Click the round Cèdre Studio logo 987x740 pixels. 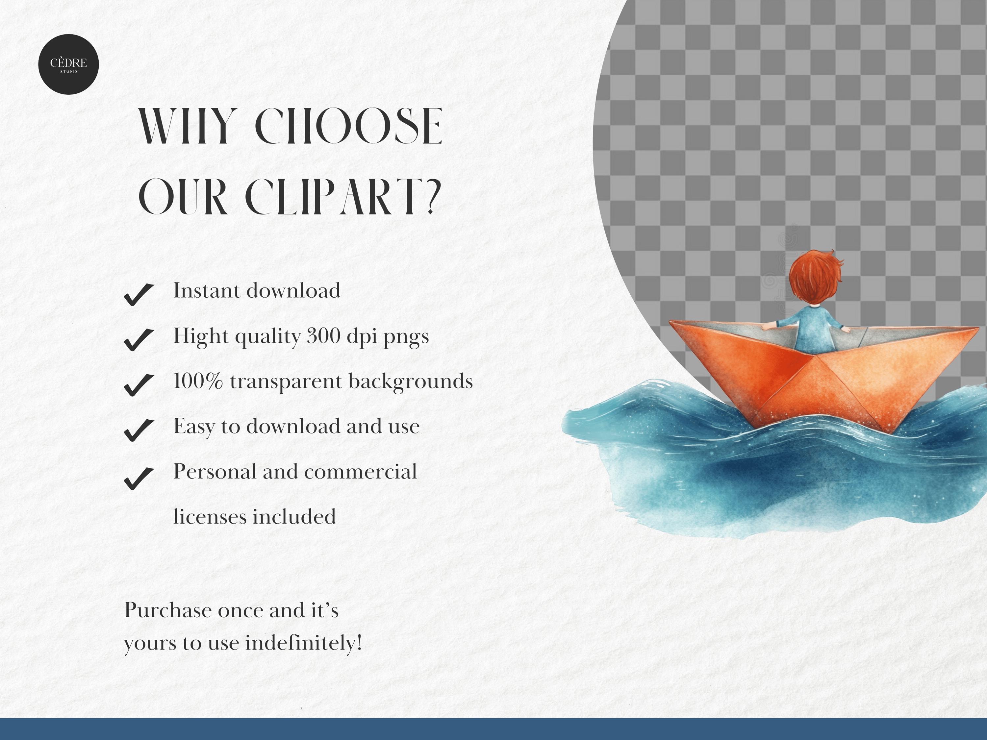(68, 64)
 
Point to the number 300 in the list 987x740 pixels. (323, 336)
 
